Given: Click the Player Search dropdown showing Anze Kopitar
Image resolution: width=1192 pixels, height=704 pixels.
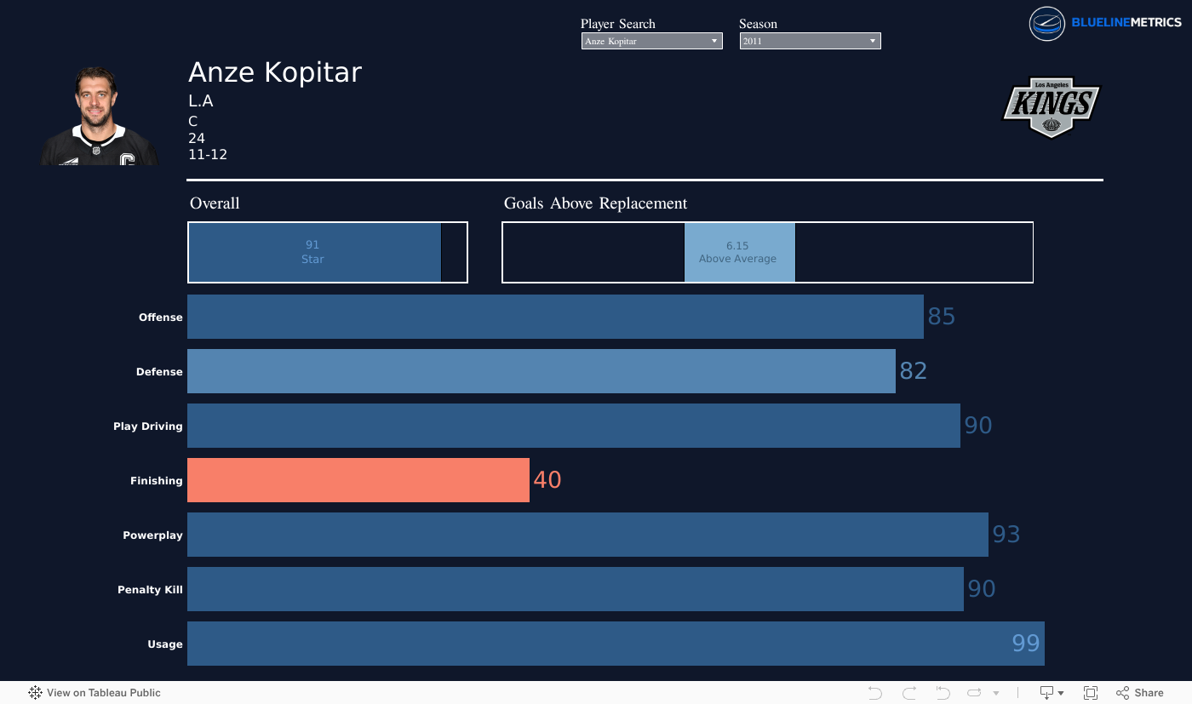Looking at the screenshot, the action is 651,41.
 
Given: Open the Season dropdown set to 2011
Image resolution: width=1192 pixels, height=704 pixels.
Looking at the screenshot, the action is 810,41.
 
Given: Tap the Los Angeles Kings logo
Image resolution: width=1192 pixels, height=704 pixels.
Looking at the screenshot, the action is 1051,107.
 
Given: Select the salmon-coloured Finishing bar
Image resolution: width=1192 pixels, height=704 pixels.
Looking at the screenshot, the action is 358,480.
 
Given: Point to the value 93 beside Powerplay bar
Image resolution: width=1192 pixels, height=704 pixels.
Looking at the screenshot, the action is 1006,535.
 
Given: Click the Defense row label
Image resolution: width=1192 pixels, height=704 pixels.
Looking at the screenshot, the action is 159,371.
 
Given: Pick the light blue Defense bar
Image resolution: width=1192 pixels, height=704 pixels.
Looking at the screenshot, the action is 542,371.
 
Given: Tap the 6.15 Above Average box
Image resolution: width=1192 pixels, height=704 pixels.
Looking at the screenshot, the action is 739,252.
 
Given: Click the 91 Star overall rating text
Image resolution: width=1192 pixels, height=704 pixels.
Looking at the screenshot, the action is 312,252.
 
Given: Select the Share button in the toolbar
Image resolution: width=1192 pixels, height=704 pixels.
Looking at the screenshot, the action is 1140,692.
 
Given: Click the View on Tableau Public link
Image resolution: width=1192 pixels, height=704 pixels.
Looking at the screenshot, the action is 95,692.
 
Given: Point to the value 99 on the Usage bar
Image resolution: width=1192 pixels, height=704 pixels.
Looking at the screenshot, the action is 1025,644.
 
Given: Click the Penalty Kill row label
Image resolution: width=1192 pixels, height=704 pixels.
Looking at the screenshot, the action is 150,590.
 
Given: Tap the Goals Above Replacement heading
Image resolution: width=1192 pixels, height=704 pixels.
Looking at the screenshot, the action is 595,203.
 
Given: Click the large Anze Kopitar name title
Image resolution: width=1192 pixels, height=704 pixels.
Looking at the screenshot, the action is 275,72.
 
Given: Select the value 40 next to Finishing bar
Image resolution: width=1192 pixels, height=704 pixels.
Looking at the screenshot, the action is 547,480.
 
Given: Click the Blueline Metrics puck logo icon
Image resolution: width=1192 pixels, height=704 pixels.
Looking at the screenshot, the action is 1046,24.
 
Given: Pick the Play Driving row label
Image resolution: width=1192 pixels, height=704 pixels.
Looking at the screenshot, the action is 148,426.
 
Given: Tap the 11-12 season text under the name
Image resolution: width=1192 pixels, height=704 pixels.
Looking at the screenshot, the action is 208,155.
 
